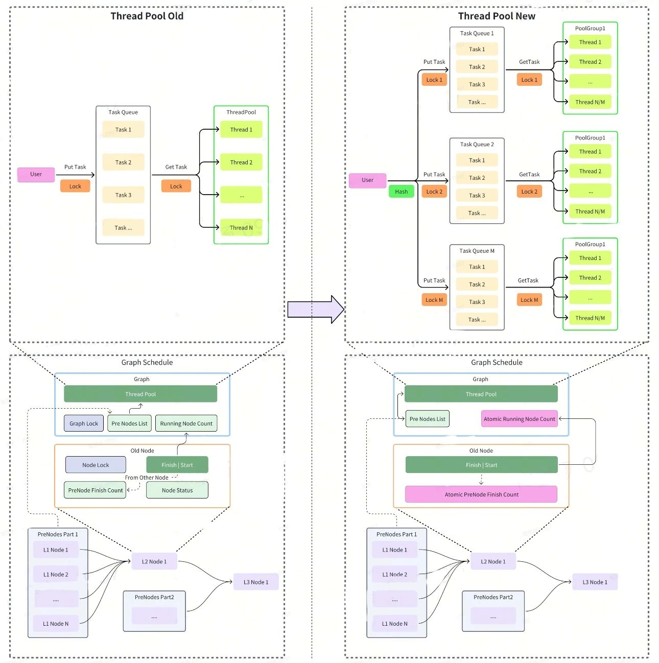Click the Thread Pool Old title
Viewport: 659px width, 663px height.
[x=147, y=16]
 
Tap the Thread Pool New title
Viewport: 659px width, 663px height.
[x=496, y=16]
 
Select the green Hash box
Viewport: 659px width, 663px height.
[x=401, y=192]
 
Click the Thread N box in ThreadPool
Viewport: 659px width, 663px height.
[x=241, y=227]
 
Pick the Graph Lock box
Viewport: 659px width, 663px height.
[x=84, y=423]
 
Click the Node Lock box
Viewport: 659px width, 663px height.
[x=96, y=464]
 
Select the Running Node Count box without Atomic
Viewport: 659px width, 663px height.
[x=186, y=423]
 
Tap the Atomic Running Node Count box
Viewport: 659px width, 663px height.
[x=519, y=419]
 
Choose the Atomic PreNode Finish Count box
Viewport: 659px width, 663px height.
[x=481, y=494]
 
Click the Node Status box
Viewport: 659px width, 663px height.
[x=177, y=490]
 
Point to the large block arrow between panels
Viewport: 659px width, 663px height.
[x=316, y=309]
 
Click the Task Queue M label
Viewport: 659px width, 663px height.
[x=477, y=251]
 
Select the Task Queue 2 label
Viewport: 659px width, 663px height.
[x=477, y=144]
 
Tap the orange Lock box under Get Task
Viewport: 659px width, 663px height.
[x=176, y=186]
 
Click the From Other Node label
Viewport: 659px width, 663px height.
[x=147, y=478]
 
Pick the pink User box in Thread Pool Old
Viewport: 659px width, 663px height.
[x=36, y=175]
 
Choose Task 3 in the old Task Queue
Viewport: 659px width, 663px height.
[x=123, y=195]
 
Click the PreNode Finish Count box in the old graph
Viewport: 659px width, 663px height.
[x=95, y=490]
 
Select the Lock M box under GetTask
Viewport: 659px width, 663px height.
[x=529, y=300]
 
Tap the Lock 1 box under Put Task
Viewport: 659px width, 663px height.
[x=434, y=80]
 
